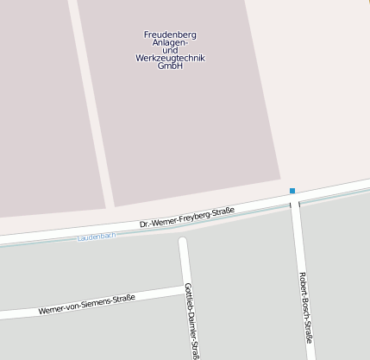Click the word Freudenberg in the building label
pyautogui.click(x=170, y=35)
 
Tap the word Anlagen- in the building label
pyautogui.click(x=170, y=43)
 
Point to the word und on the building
pyautogui.click(x=170, y=51)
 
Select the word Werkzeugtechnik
pyautogui.click(x=170, y=59)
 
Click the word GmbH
pyautogui.click(x=170, y=66)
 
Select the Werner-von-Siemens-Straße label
pyautogui.click(x=87, y=305)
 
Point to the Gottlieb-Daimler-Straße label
pyautogui.click(x=192, y=319)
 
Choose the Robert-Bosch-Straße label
pyautogui.click(x=304, y=306)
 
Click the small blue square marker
pyautogui.click(x=292, y=191)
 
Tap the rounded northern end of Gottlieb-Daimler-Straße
pyautogui.click(x=182, y=242)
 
